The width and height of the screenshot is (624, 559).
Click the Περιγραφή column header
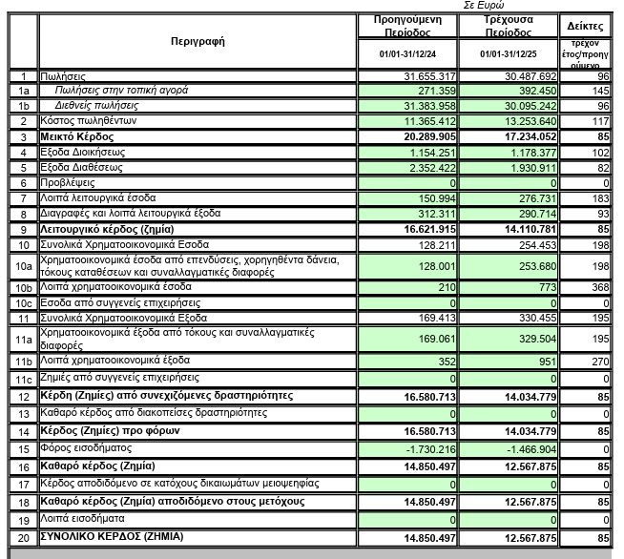(198, 42)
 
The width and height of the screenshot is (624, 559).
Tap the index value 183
(597, 197)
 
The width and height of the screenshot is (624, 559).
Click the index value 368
(597, 287)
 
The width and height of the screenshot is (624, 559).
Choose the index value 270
(597, 362)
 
